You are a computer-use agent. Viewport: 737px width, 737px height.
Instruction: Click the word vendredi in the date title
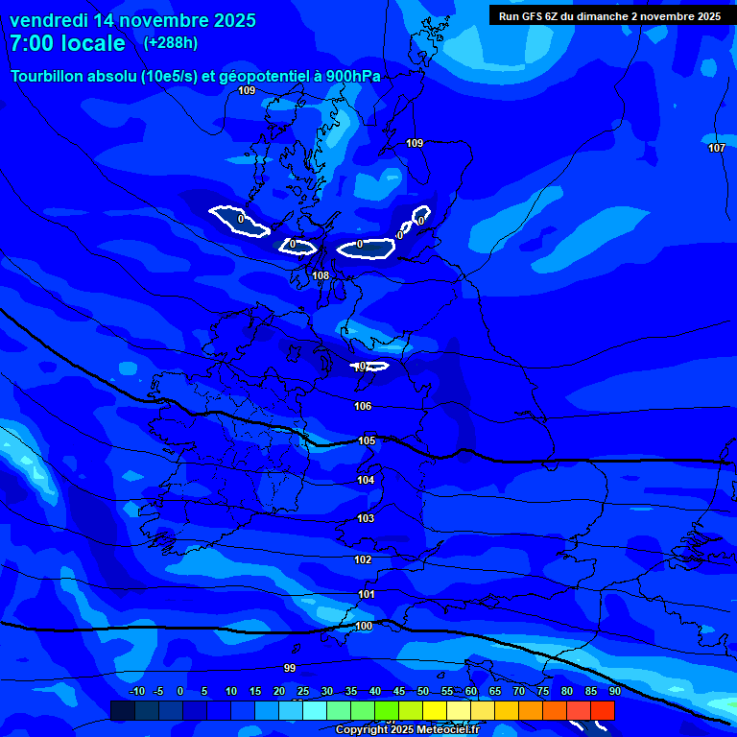[49, 20]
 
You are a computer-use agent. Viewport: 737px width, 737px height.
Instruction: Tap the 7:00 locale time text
[67, 43]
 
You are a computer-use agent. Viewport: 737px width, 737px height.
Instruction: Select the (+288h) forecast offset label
[171, 43]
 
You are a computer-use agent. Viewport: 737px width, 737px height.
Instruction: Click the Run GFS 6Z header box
[610, 15]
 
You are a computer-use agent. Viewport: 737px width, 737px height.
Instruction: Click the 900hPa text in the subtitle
[352, 76]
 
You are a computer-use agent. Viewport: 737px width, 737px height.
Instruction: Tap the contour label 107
[717, 148]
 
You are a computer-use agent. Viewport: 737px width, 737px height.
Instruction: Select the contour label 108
[321, 275]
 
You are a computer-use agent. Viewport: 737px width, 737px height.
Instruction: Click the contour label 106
[363, 406]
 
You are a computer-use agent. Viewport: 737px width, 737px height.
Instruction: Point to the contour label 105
[367, 440]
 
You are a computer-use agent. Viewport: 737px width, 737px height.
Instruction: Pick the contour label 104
[366, 480]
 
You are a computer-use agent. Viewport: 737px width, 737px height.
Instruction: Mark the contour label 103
[366, 518]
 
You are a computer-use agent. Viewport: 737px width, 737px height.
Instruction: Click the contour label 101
[366, 594]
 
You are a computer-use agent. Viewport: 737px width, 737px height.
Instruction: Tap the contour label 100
[364, 626]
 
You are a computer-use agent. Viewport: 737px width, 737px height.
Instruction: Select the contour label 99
[290, 667]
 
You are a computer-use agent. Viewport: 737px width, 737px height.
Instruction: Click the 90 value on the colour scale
[614, 691]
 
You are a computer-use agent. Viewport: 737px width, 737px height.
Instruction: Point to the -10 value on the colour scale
[137, 691]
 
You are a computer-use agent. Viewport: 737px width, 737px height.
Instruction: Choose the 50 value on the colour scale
[423, 691]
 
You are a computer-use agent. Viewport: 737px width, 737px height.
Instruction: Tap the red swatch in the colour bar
[603, 710]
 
